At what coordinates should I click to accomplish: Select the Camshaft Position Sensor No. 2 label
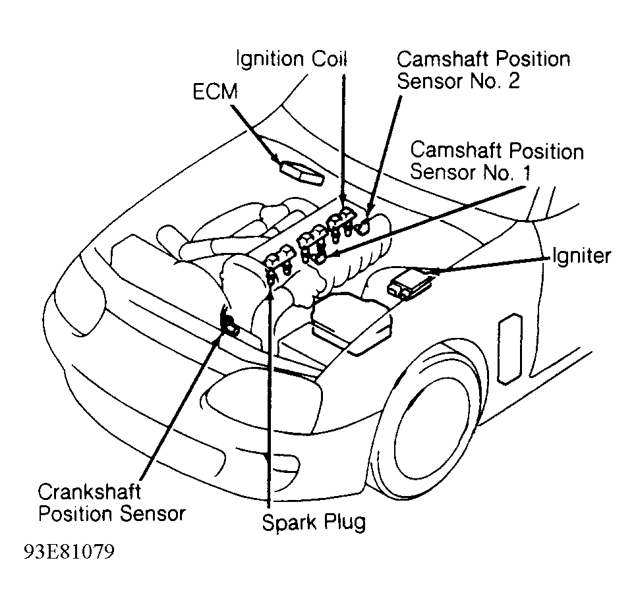(x=482, y=70)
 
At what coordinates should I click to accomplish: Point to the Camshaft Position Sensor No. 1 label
(x=496, y=161)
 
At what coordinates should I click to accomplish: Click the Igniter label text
(x=581, y=256)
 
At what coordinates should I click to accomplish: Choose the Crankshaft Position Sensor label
(x=111, y=503)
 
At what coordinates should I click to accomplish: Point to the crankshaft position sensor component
(x=232, y=324)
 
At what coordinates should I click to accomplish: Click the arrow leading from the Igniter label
(x=488, y=263)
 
